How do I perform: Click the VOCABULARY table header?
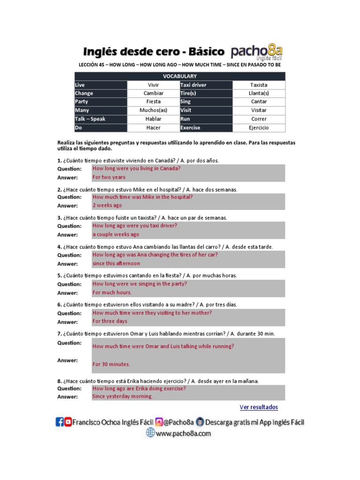[x=180, y=76]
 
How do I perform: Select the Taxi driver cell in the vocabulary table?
[x=193, y=85]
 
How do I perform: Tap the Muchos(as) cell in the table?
[x=153, y=110]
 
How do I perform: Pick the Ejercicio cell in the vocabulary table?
[x=259, y=127]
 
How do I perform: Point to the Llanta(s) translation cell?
[x=259, y=93]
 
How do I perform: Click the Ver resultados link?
[x=258, y=407]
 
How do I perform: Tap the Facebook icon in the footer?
[x=60, y=422]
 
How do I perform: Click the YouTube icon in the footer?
[x=68, y=422]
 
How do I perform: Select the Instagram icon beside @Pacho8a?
[x=159, y=422]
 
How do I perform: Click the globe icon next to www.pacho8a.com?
[x=150, y=434]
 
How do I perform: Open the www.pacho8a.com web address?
[x=183, y=434]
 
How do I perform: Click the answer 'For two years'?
[x=109, y=177]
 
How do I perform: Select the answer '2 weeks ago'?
[x=107, y=205]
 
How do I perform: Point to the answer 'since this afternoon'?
[x=116, y=263]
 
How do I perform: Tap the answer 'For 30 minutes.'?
[x=111, y=364]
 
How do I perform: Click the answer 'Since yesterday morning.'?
[x=122, y=396]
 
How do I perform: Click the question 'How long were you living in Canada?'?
[x=136, y=168]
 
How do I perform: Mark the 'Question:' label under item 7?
[x=69, y=343]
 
